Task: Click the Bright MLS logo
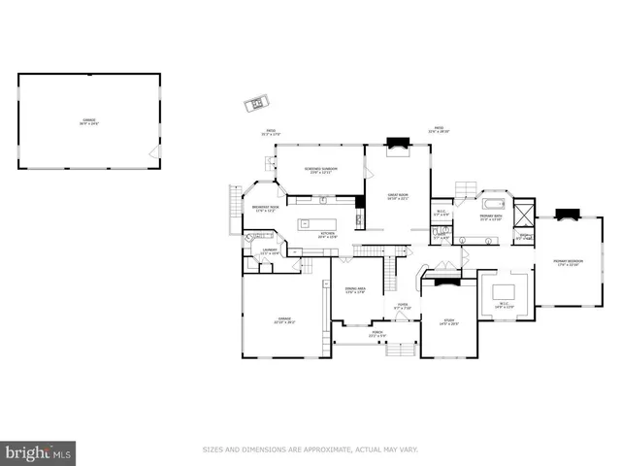(39, 451)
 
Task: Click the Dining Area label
(355, 290)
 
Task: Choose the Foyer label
(402, 308)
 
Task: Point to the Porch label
(377, 335)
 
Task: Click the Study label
(449, 321)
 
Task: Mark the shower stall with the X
(524, 212)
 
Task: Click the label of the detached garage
(88, 121)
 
